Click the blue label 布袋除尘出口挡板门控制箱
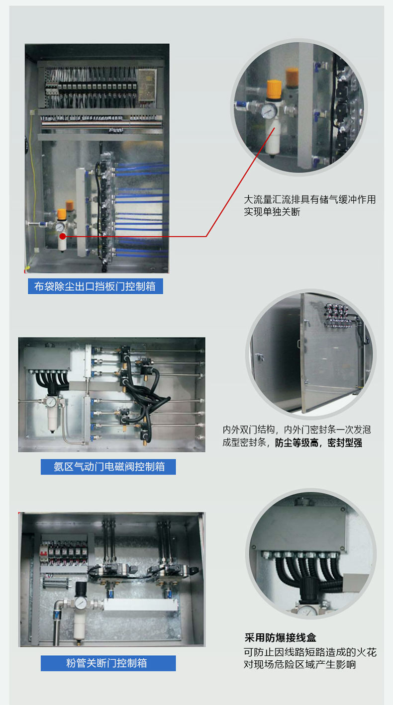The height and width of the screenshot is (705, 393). (x=96, y=286)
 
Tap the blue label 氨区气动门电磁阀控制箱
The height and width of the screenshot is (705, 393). (x=108, y=466)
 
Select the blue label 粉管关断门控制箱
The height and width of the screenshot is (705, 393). (x=108, y=663)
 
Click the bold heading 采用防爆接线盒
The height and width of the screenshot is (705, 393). (x=280, y=638)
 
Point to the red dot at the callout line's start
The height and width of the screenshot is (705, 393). (x=63, y=236)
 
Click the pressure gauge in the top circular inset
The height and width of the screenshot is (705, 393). (x=270, y=111)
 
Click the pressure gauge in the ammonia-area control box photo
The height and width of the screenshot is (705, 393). (x=51, y=402)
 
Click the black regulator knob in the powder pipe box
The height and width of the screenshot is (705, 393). (x=81, y=588)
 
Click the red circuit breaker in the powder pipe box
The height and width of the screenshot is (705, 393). (x=43, y=553)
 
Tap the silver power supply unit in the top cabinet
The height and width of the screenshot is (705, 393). (x=147, y=86)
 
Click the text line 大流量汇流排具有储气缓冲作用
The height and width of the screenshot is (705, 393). (x=310, y=199)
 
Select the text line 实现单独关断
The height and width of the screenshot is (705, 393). (x=272, y=212)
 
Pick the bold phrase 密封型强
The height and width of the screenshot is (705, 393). (x=345, y=443)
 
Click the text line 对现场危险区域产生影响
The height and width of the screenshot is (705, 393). (x=299, y=664)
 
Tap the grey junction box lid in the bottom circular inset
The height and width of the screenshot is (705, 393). (x=299, y=529)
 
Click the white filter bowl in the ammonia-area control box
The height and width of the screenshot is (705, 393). (x=53, y=419)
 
